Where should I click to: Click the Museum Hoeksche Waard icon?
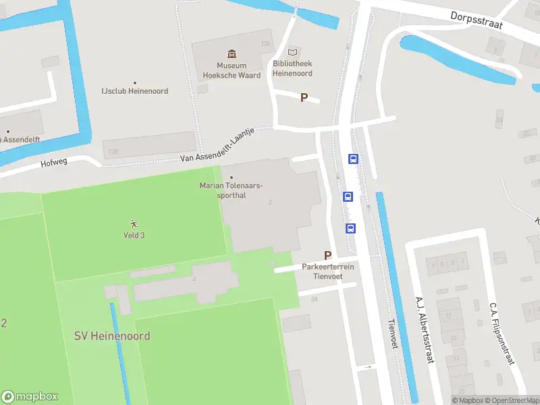[x=232, y=54]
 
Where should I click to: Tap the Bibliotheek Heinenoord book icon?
[x=292, y=52]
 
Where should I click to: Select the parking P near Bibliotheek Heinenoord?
[x=304, y=98]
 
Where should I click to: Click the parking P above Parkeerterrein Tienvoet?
[x=328, y=255]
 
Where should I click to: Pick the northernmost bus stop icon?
[x=353, y=159]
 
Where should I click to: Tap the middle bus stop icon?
[x=348, y=197]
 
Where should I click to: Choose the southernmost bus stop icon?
[x=351, y=228]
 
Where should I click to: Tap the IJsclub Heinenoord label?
[x=134, y=91]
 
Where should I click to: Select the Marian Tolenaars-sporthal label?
[x=232, y=190]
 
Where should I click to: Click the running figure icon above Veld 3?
[x=134, y=223]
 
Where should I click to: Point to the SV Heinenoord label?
[x=112, y=335]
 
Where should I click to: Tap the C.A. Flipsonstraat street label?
[x=502, y=332]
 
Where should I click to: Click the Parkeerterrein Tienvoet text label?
[x=328, y=271]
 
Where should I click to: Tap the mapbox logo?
[x=30, y=396]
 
